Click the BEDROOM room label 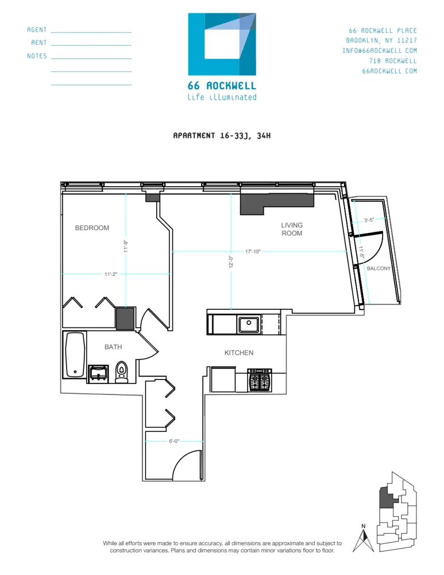coord(92,228)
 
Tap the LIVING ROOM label coord(292,229)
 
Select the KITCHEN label coord(238,353)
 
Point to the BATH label coord(113,347)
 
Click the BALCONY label coord(379,269)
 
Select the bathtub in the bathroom coord(75,355)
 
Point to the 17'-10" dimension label coord(253,252)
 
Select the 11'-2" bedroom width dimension coord(111,274)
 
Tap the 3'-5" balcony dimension coord(370,220)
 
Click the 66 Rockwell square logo coord(222,45)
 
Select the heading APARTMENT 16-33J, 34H coord(222,136)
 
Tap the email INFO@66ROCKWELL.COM coord(380,51)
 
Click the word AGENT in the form coord(37,30)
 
